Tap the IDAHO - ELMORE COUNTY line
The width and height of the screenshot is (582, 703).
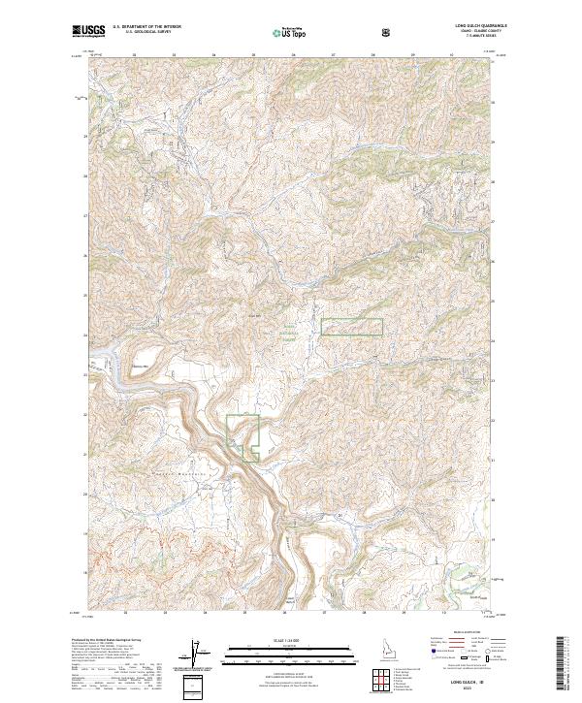[x=481, y=31]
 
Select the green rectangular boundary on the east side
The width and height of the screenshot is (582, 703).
[x=352, y=327]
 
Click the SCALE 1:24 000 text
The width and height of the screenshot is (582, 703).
[x=291, y=639]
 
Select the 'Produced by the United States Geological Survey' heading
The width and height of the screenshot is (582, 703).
[x=107, y=642]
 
